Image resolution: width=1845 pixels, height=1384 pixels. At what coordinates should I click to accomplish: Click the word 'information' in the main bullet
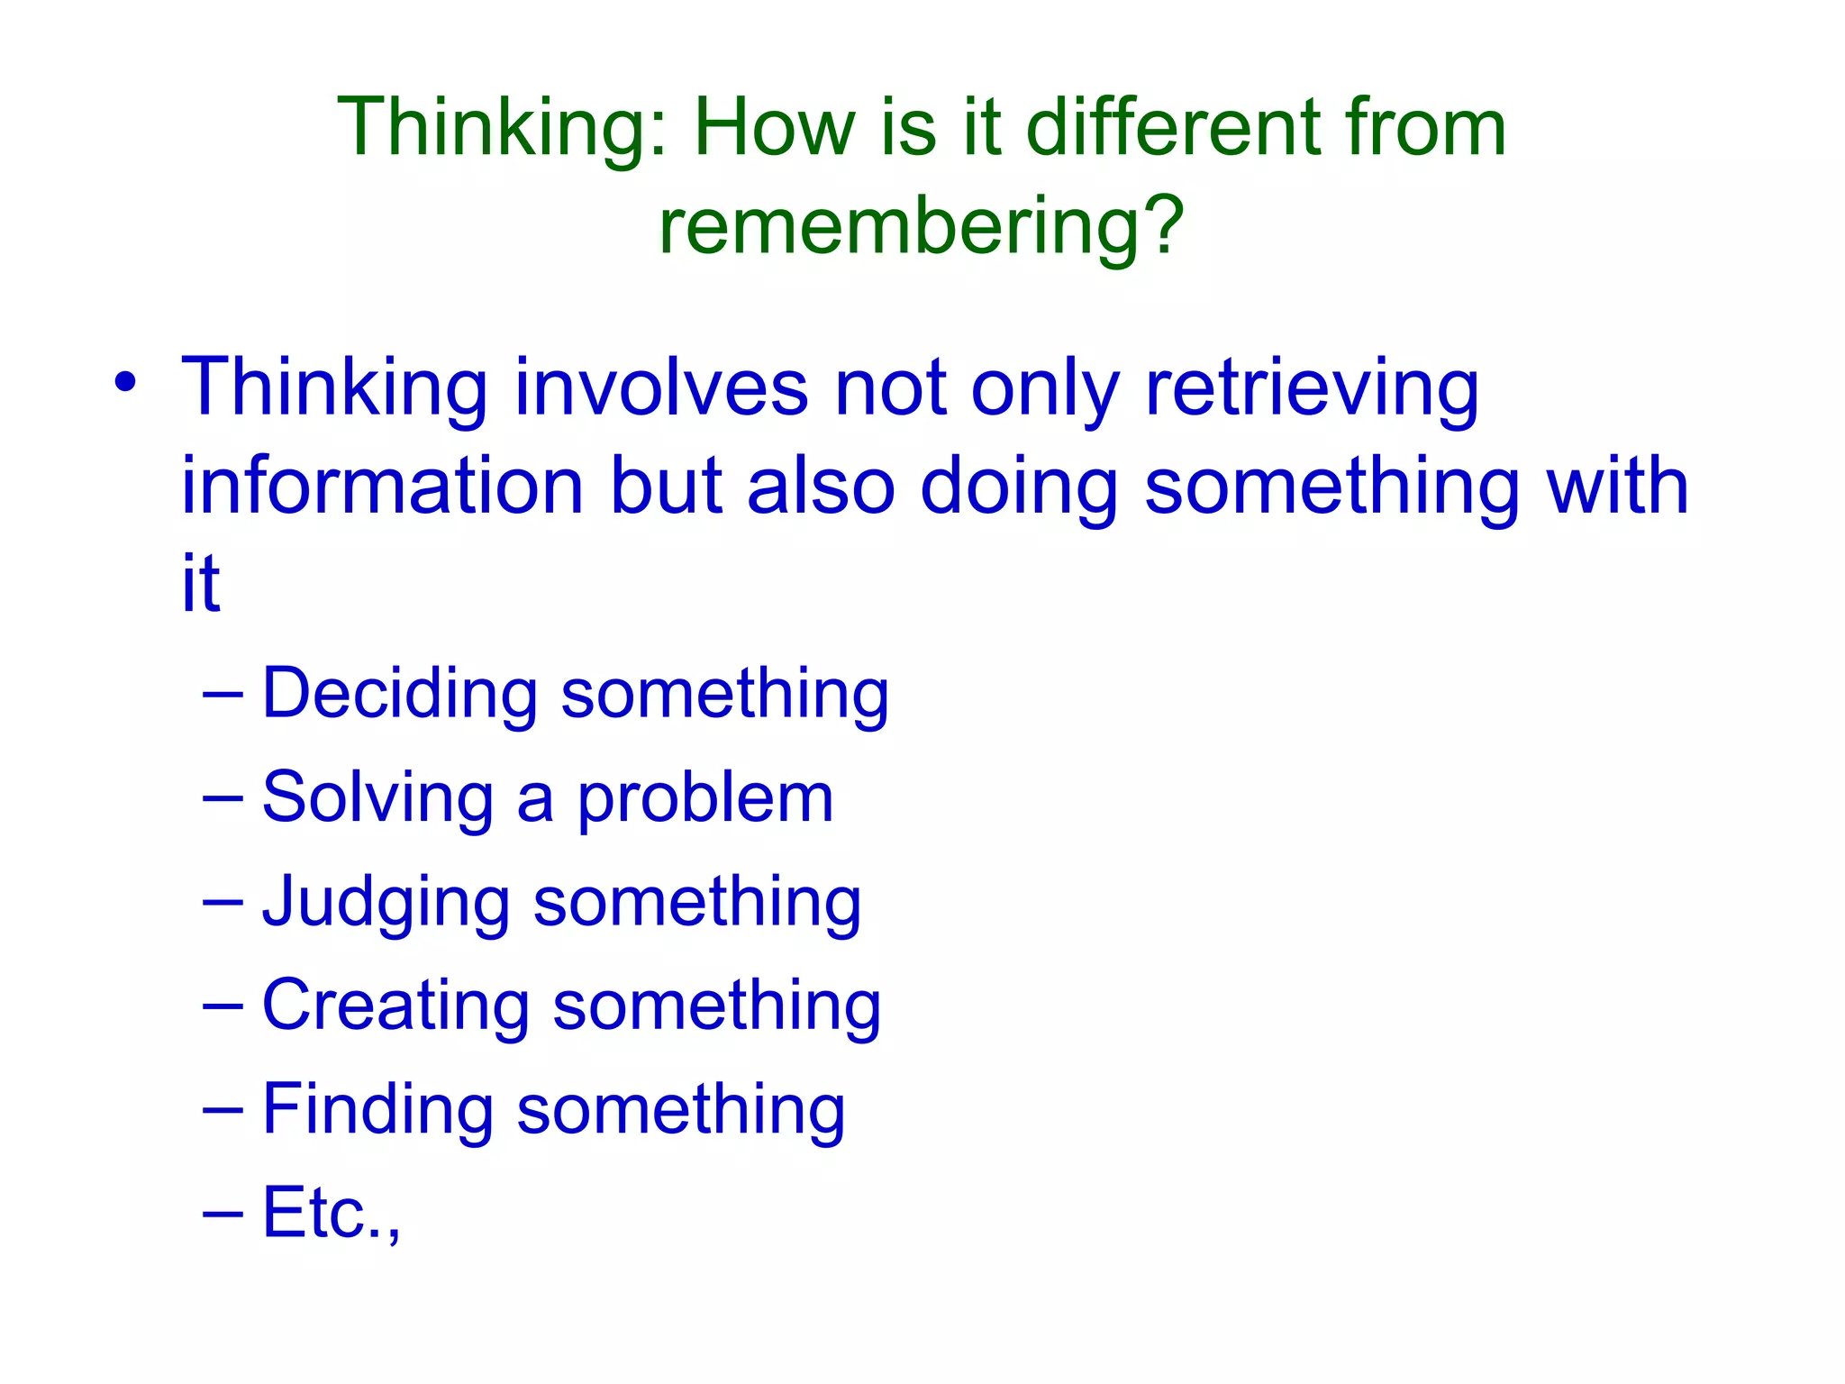coord(383,486)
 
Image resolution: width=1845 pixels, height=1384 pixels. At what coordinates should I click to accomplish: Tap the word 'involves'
coord(661,387)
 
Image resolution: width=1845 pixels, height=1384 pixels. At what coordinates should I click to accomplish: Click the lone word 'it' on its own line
coord(200,583)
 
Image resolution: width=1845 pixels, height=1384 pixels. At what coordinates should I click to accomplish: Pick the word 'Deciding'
coord(399,694)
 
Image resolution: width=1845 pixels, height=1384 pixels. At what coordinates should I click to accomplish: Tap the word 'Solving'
coord(377,798)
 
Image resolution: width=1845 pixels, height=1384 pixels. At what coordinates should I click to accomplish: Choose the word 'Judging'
coord(386,903)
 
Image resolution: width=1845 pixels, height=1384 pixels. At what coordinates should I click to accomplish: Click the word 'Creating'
coord(395,1006)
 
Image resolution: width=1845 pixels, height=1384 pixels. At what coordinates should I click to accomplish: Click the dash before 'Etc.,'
coord(223,1215)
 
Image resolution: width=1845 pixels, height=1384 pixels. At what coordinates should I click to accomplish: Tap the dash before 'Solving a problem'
coord(223,799)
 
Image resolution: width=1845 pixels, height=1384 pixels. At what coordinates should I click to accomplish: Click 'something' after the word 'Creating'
coord(716,1006)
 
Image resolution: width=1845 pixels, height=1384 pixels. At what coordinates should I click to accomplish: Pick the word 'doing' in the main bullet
coord(1019,486)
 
